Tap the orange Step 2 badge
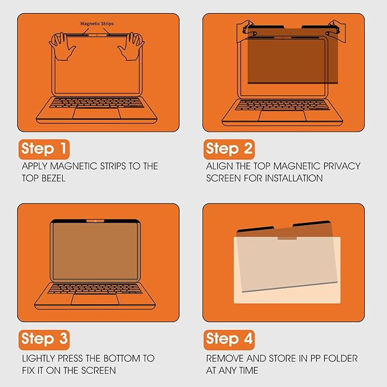click(x=229, y=149)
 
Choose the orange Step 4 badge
click(x=229, y=339)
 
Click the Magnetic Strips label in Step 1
click(x=97, y=24)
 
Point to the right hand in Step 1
click(x=133, y=45)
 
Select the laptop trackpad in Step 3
click(x=95, y=299)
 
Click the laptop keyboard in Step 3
click(x=95, y=288)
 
